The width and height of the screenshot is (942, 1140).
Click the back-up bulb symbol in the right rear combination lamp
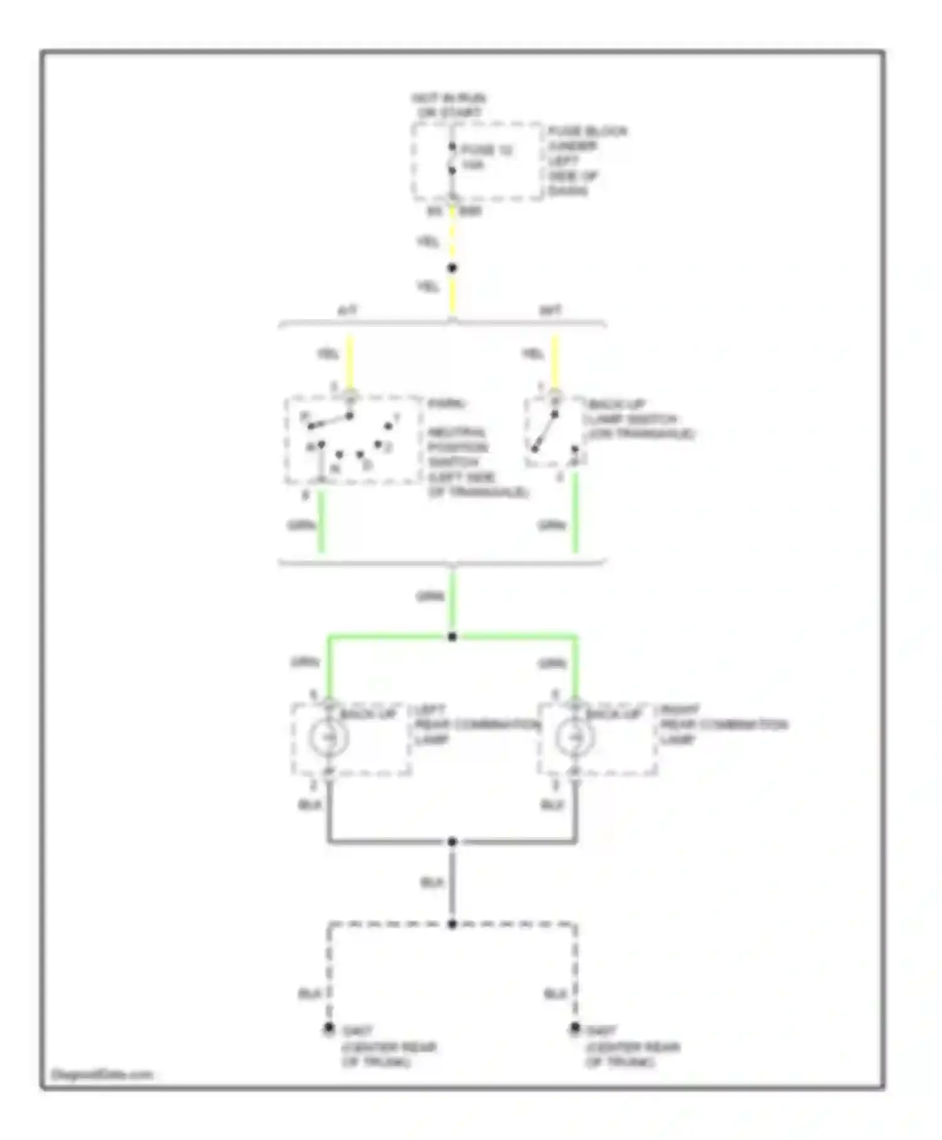574,737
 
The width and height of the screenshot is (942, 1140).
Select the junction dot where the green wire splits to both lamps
452,637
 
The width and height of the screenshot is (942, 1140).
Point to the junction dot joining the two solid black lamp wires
452,841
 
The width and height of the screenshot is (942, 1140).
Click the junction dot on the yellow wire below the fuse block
452,268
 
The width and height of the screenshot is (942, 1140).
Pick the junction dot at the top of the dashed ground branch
452,924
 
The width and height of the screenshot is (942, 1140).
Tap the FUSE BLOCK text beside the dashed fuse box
587,131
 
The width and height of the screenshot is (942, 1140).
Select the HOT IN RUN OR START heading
448,106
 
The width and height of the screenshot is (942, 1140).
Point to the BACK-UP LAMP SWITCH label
641,419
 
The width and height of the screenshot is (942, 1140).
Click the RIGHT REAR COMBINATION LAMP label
722,725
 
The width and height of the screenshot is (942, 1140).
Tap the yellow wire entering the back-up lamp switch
555,361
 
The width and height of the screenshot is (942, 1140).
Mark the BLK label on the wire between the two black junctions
432,883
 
